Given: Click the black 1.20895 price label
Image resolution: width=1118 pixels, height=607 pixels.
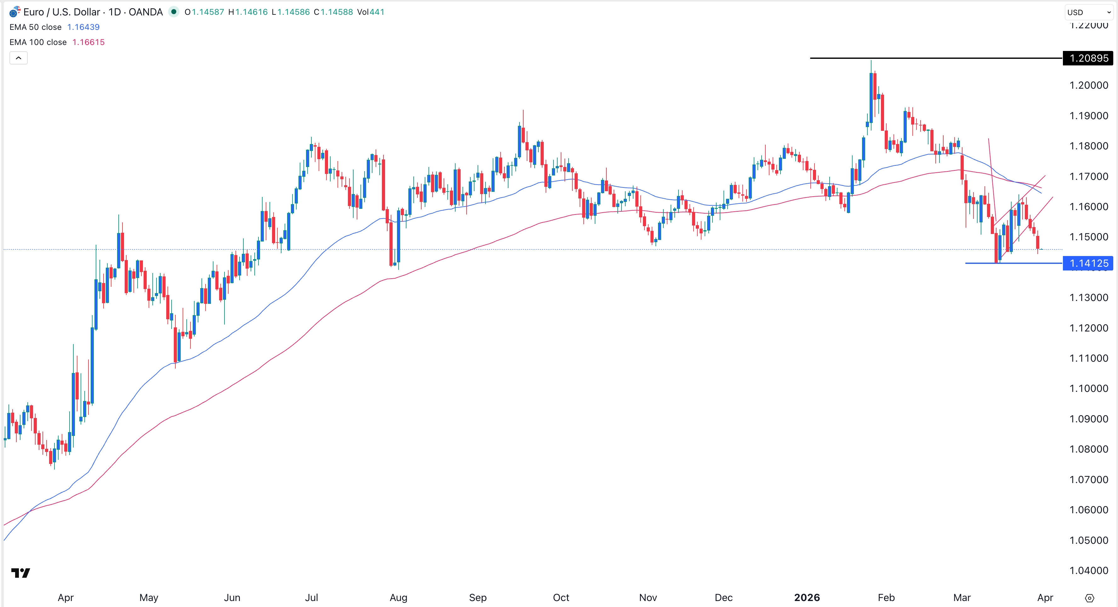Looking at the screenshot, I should (x=1088, y=58).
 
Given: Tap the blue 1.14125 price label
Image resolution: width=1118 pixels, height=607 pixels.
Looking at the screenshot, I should (x=1088, y=263).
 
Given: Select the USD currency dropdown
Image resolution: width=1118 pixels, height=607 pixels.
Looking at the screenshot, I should (x=1088, y=12).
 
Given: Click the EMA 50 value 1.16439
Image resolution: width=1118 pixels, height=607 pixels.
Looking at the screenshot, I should (x=83, y=27).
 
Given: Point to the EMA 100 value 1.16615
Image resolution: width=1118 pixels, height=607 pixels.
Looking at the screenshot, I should (x=88, y=42).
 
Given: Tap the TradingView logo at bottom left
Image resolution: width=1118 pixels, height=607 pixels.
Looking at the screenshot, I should (x=20, y=573).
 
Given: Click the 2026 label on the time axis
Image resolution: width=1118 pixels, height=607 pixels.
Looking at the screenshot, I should (x=807, y=598).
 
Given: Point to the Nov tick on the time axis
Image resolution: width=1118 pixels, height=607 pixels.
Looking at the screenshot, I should (x=648, y=598).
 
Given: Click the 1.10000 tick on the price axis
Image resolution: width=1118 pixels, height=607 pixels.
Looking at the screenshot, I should (x=1088, y=388).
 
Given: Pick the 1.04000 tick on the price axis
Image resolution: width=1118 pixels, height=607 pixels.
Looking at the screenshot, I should (x=1088, y=571).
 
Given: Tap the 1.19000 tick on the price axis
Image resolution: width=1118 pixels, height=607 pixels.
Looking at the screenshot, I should (x=1088, y=116).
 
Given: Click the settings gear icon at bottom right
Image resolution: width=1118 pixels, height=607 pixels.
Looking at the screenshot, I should (x=1089, y=598).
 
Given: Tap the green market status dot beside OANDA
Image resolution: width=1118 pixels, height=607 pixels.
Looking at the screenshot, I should (x=173, y=12).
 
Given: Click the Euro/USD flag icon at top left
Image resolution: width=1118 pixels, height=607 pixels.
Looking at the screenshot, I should (x=15, y=12).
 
